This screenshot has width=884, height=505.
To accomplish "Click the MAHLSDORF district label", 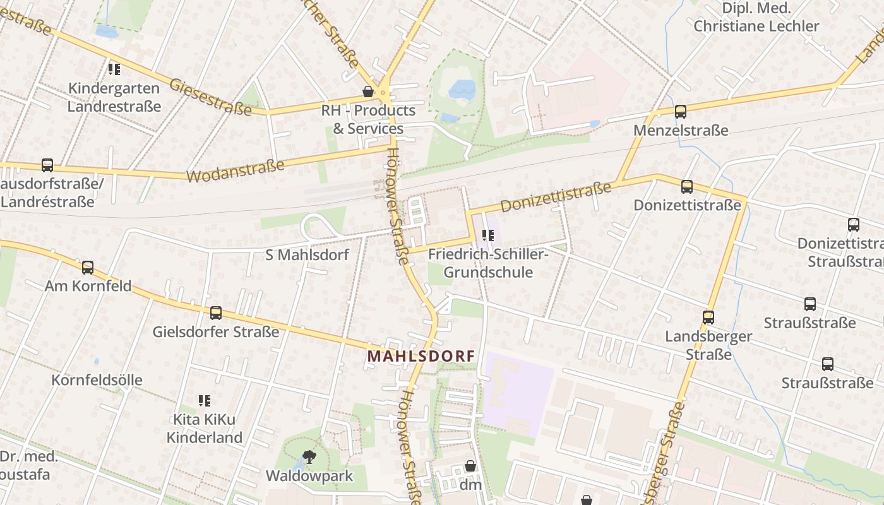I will [421, 356].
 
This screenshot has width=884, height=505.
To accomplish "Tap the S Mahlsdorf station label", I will [307, 255].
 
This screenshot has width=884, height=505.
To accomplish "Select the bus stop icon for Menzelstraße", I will [680, 112].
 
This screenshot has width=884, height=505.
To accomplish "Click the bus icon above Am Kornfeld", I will [88, 268].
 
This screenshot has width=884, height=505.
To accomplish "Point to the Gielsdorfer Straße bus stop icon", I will [216, 313].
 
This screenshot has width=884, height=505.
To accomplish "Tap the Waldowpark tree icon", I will [309, 456].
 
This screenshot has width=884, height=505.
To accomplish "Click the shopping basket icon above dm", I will [470, 466].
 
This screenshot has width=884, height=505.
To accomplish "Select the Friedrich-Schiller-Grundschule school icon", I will [487, 236].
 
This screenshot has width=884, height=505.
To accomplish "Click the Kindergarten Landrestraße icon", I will [114, 69].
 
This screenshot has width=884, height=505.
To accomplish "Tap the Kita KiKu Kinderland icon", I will [204, 401].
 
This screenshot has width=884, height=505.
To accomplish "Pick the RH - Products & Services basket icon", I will [368, 92].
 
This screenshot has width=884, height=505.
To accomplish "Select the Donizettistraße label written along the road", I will [556, 197].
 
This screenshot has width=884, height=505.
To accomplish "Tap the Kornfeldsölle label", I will [97, 380].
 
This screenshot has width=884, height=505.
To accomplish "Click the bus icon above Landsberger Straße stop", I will [708, 318].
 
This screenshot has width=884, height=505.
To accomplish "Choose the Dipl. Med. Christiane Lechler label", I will [756, 17].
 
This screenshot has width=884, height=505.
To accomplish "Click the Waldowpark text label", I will [309, 475].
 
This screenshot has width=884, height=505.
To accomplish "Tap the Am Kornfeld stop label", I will [88, 286].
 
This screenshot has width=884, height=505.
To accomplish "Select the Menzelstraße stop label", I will [681, 131].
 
